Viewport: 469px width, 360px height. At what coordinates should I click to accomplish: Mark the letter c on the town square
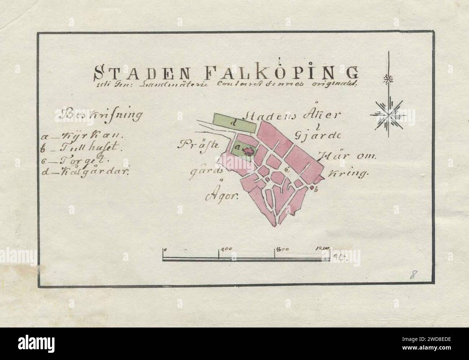[288, 169]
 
